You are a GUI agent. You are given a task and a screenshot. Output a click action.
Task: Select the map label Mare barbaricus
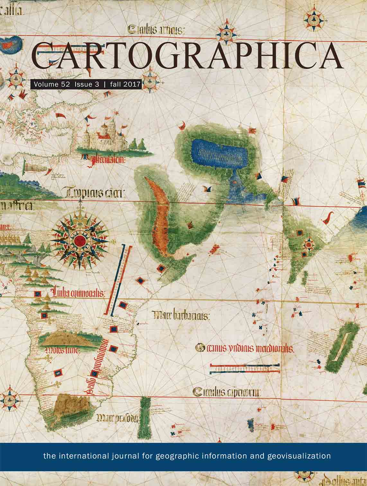tap(182, 315)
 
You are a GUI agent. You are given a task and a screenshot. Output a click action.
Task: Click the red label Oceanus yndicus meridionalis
tap(244, 348)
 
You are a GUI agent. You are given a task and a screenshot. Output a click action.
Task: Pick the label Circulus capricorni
tap(227, 392)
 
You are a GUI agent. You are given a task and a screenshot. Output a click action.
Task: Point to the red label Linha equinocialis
tap(79, 293)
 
